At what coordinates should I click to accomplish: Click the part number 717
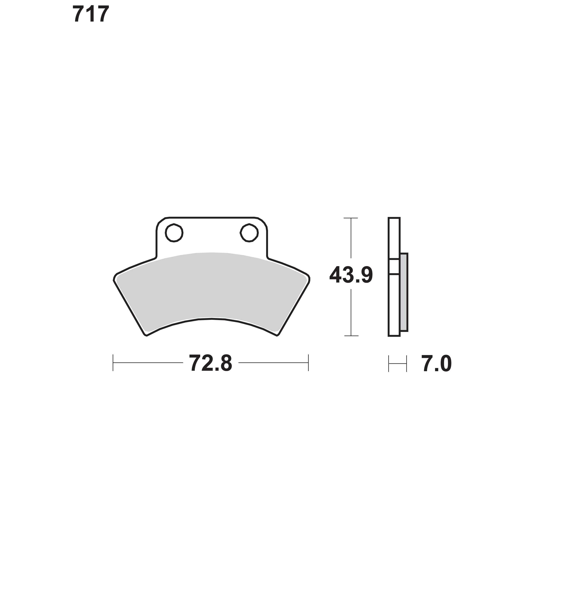pyautogui.click(x=91, y=14)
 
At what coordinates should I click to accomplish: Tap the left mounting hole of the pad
pyautogui.click(x=174, y=233)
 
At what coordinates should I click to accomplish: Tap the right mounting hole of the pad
pyautogui.click(x=249, y=233)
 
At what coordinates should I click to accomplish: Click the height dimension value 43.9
pyautogui.click(x=351, y=275)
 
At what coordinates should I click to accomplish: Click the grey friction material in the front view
pyautogui.click(x=212, y=289)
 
